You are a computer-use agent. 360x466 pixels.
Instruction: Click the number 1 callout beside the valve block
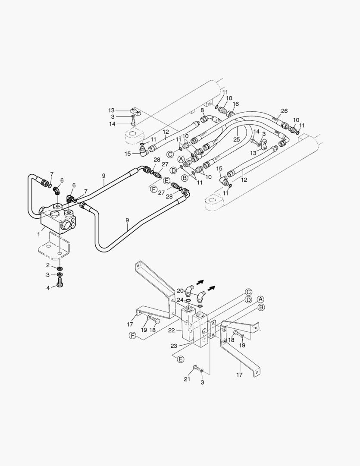(x=39, y=234)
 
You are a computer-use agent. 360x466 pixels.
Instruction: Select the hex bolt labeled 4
(x=60, y=283)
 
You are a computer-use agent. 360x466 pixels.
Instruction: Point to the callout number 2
(x=48, y=265)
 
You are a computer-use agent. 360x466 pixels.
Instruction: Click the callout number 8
(x=202, y=110)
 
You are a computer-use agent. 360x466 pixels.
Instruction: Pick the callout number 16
(x=235, y=104)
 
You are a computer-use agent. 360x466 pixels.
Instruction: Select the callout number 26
(x=284, y=111)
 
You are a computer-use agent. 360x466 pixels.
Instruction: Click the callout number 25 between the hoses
(x=236, y=139)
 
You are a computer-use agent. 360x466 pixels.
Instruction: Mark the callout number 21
(x=186, y=379)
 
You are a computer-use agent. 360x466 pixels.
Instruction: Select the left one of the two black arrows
(x=200, y=282)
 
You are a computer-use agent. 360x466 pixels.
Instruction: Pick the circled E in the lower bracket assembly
(x=181, y=359)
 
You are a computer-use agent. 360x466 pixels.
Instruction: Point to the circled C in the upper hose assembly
(x=170, y=154)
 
